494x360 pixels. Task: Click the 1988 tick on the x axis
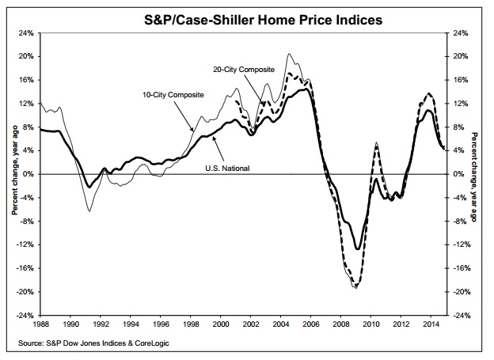pyautogui.click(x=40, y=324)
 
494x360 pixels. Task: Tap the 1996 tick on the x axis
pyautogui.click(x=161, y=324)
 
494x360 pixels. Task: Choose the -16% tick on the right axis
pyautogui.click(x=460, y=268)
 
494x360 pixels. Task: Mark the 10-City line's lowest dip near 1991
pyautogui.click(x=89, y=210)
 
